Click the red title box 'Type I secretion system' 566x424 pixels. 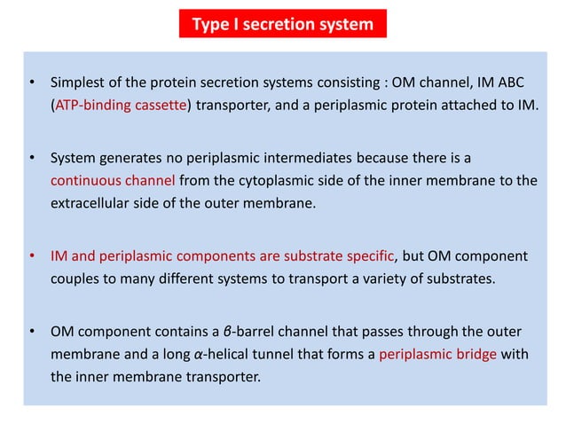283,24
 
